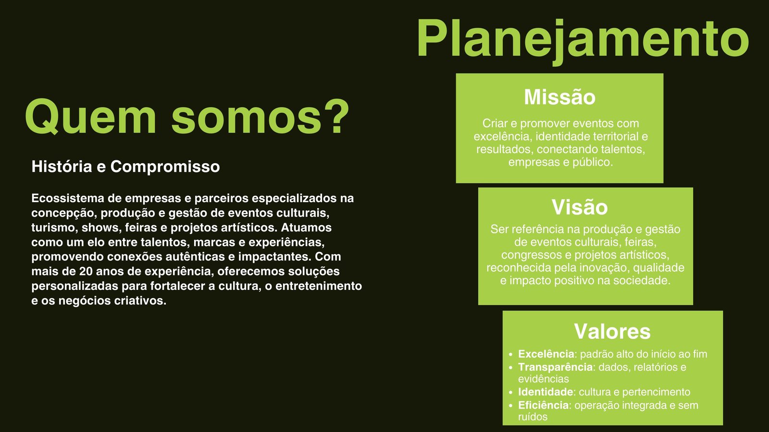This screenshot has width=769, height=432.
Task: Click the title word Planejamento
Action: pyautogui.click(x=583, y=39)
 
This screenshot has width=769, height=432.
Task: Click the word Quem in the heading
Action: pyautogui.click(x=90, y=117)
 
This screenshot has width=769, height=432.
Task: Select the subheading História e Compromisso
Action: pyautogui.click(x=125, y=167)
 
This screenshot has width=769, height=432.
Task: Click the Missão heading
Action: pyautogui.click(x=559, y=97)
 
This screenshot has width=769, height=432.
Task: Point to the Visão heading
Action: pyautogui.click(x=580, y=207)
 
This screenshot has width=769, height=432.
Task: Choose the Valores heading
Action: pyautogui.click(x=612, y=332)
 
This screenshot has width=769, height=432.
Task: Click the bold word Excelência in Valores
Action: pyautogui.click(x=546, y=354)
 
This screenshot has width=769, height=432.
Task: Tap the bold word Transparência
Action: pyautogui.click(x=555, y=367)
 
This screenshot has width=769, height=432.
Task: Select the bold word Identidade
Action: pyautogui.click(x=546, y=392)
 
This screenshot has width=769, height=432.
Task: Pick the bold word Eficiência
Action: pyautogui.click(x=543, y=406)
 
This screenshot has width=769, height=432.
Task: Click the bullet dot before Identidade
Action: pyautogui.click(x=510, y=393)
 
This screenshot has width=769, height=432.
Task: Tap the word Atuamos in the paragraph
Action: pyautogui.click(x=306, y=228)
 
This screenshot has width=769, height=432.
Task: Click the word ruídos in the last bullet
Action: pyautogui.click(x=533, y=417)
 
